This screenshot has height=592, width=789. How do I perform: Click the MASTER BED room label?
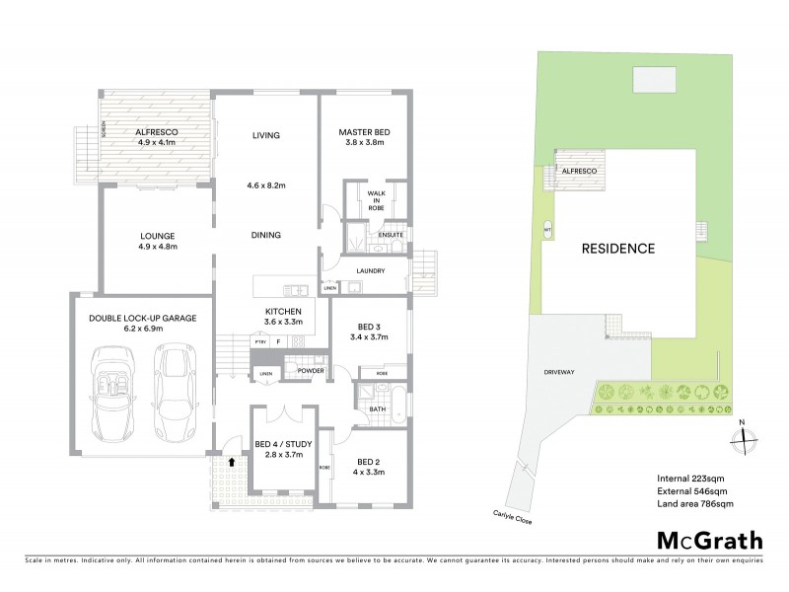coord(360,131)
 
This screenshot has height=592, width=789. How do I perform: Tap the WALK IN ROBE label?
coord(376,201)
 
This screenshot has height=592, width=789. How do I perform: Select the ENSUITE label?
coord(391,235)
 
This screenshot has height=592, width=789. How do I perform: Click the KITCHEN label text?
coord(282,311)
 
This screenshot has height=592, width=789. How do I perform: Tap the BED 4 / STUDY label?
coord(283,444)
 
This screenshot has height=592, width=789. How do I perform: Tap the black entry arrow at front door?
coord(233,460)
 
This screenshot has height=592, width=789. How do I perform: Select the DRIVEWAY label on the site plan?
coord(558,372)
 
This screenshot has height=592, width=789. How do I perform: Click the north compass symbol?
coord(744,439)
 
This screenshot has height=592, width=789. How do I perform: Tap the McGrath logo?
coord(709,540)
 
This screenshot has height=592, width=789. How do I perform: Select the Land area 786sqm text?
coord(694,504)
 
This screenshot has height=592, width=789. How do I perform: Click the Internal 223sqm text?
coord(689,478)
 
